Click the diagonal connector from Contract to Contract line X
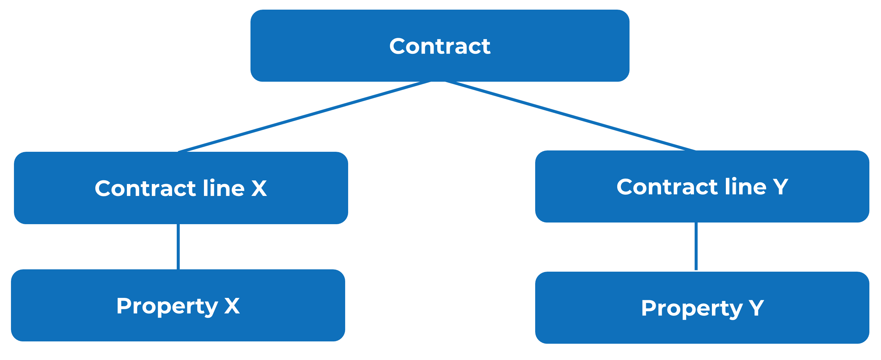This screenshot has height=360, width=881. [304, 116]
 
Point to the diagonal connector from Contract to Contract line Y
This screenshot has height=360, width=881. [570, 116]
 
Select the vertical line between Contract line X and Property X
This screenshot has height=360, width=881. [178, 247]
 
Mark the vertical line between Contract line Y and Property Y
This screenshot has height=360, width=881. [696, 246]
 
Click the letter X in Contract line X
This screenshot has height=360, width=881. [259, 188]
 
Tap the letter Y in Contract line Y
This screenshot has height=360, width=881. [781, 187]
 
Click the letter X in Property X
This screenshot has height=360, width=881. [232, 306]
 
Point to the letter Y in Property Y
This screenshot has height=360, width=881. [756, 308]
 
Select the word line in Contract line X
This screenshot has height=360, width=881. [223, 188]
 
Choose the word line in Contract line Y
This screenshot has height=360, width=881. [745, 187]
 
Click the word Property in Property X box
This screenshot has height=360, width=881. [166, 306]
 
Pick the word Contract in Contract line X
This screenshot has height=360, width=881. [145, 188]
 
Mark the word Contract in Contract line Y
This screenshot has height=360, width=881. [667, 187]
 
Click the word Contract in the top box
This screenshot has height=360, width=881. [440, 46]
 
